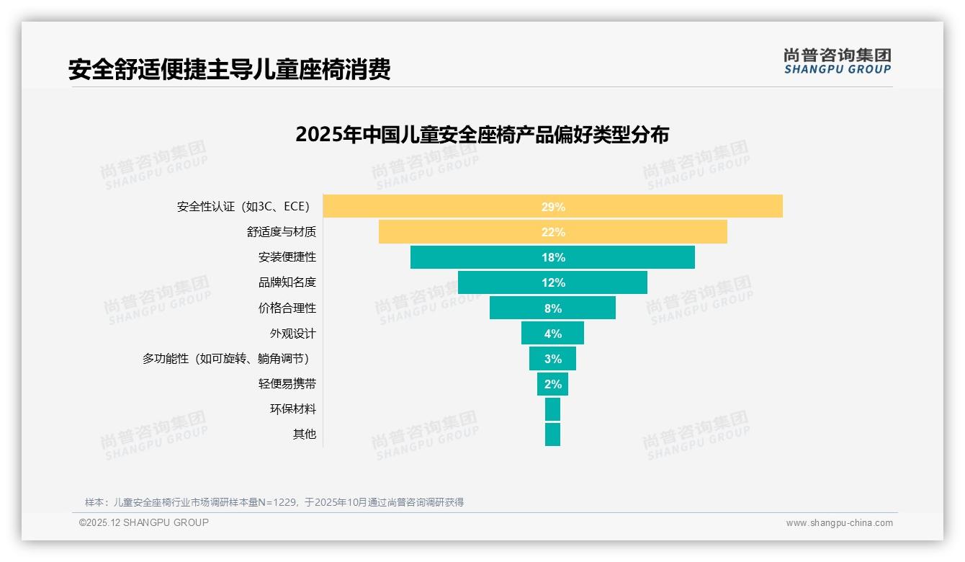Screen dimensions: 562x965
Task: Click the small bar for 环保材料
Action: [552, 409]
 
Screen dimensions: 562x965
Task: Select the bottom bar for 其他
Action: [552, 434]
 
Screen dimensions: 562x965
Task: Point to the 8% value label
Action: [552, 308]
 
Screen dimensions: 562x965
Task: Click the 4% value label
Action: [552, 334]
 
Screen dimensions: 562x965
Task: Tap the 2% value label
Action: [552, 384]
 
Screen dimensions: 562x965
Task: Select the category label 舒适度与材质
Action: [281, 232]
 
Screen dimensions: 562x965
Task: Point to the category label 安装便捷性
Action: [287, 257]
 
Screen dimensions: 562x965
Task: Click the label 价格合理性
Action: [287, 308]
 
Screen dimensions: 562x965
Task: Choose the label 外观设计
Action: [292, 334]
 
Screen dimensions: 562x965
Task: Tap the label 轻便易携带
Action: [287, 384]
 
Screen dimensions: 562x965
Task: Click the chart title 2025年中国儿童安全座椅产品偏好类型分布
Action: [482, 135]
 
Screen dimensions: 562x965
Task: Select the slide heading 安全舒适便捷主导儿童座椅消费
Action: [229, 70]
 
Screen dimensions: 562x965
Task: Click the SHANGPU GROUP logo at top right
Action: [837, 61]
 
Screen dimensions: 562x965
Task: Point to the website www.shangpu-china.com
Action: [839, 523]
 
